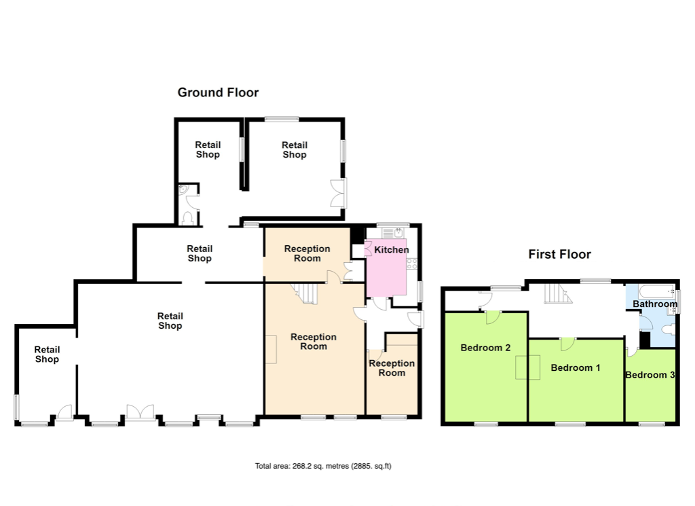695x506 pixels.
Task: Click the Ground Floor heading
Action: coord(218,92)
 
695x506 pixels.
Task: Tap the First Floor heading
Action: coord(559,254)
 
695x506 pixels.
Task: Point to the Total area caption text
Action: coord(322,466)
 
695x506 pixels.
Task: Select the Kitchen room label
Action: coord(392,250)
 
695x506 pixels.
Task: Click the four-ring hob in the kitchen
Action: coord(412,264)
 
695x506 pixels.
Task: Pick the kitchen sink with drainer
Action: coord(393,233)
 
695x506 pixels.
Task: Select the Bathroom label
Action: coord(655,304)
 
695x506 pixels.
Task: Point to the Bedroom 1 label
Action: coord(576,367)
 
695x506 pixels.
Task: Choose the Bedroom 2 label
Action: coord(485,348)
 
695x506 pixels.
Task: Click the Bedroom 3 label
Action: coord(650,375)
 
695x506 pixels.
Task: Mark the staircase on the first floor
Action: coord(558,293)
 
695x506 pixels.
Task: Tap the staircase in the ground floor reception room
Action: coord(305,293)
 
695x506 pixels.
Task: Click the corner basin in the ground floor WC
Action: coord(184,190)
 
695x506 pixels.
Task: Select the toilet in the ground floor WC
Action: coord(188,218)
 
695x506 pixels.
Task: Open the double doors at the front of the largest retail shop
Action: coord(140,412)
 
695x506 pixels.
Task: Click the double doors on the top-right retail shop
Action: coord(338,193)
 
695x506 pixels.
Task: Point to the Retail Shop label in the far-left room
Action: coord(47,355)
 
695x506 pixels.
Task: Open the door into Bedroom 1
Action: coord(568,344)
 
